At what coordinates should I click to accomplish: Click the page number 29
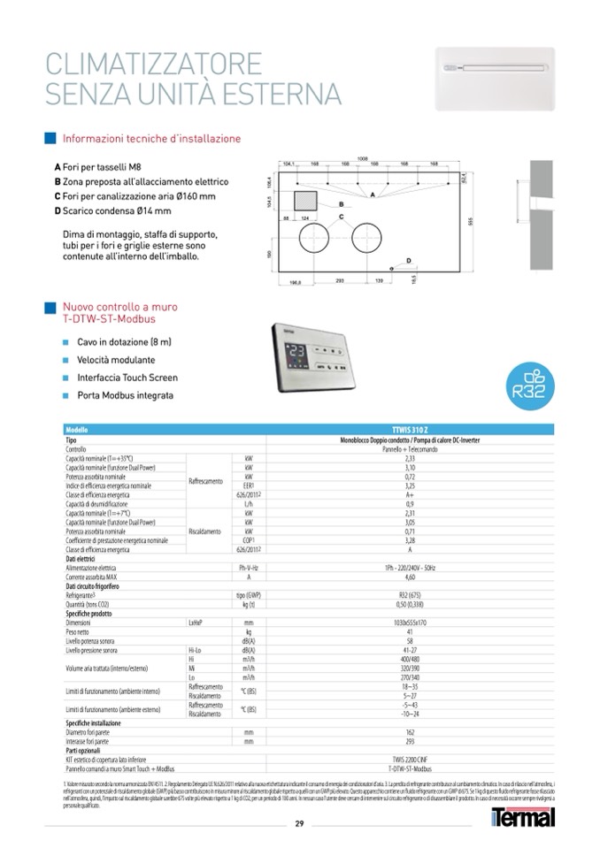[x=299, y=824]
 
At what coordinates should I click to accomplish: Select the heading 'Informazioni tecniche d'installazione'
[x=150, y=139]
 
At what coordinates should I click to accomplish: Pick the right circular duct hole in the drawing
[x=368, y=239]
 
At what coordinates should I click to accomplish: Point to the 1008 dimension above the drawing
[x=361, y=158]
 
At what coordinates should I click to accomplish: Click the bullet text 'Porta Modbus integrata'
[x=125, y=395]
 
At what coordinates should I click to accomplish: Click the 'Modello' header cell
[x=79, y=430]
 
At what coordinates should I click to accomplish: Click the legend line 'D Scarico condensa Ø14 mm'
[x=112, y=210]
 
